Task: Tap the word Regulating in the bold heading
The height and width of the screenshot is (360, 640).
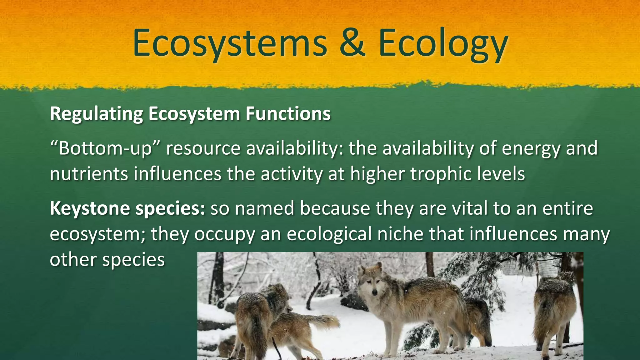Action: pos(96,114)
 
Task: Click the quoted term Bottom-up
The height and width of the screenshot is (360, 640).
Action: pos(105,148)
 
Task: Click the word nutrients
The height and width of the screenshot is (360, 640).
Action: pos(89,174)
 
